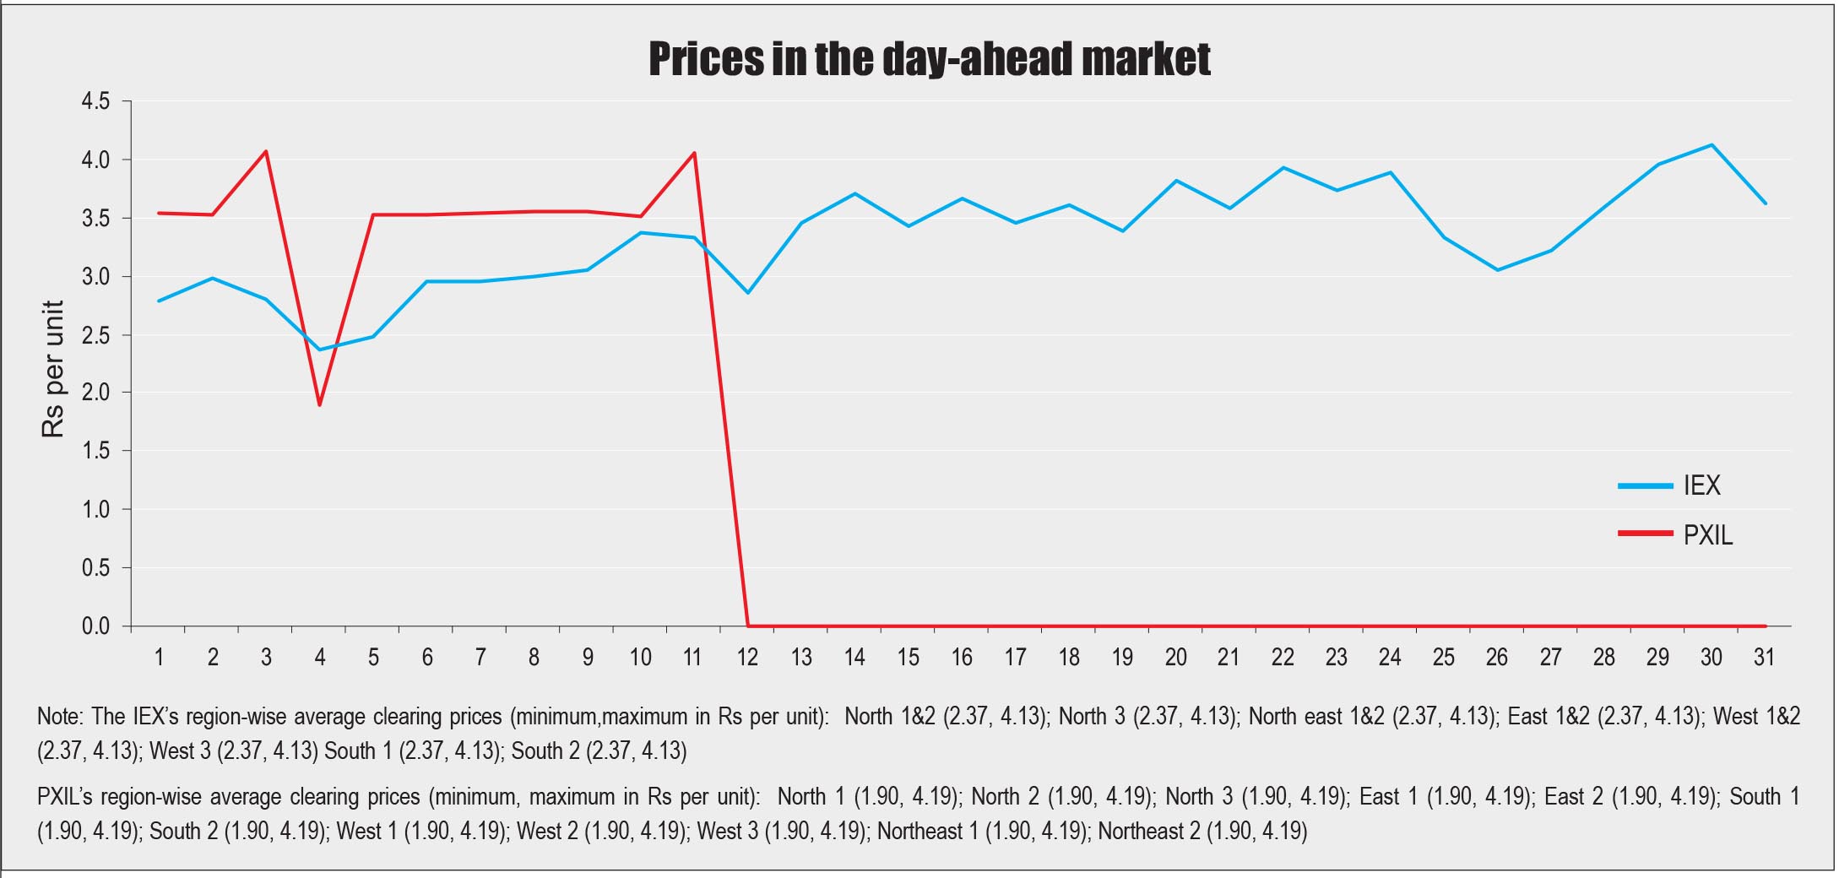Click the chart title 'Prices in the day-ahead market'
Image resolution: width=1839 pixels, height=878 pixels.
click(x=930, y=58)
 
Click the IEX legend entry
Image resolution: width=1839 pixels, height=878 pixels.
click(x=1701, y=485)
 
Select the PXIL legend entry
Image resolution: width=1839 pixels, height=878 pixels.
click(x=1707, y=535)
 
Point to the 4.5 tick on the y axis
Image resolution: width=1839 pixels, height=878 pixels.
click(x=95, y=102)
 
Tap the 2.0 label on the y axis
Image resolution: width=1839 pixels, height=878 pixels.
click(x=95, y=393)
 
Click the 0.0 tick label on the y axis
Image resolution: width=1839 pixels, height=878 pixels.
click(x=95, y=626)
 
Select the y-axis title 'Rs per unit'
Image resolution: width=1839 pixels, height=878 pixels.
click(x=53, y=369)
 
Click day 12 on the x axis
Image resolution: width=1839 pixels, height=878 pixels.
click(x=747, y=657)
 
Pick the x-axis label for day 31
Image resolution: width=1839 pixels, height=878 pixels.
click(x=1765, y=657)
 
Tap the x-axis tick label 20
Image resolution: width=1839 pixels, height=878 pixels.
click(x=1175, y=657)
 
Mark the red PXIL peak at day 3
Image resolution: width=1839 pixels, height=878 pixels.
click(x=266, y=152)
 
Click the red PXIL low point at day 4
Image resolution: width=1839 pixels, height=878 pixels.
click(x=320, y=404)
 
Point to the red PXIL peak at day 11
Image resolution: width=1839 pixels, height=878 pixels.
click(x=694, y=153)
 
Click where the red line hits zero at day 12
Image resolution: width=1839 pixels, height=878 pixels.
click(x=748, y=626)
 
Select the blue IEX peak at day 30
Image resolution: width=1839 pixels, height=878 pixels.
click(x=1712, y=145)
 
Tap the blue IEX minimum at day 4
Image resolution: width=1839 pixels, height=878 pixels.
click(x=320, y=350)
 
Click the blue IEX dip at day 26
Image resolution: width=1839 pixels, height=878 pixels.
click(x=1497, y=270)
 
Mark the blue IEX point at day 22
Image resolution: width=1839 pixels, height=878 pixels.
click(x=1283, y=168)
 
